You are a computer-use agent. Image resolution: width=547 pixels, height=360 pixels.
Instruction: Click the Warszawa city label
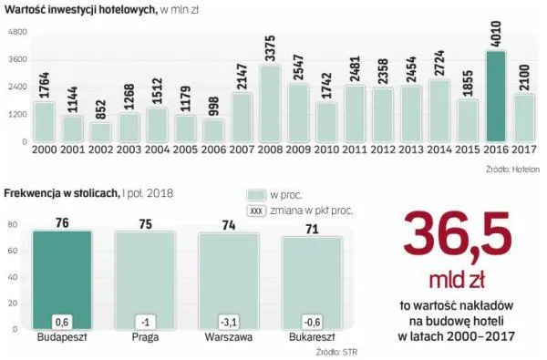tap(228, 335)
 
